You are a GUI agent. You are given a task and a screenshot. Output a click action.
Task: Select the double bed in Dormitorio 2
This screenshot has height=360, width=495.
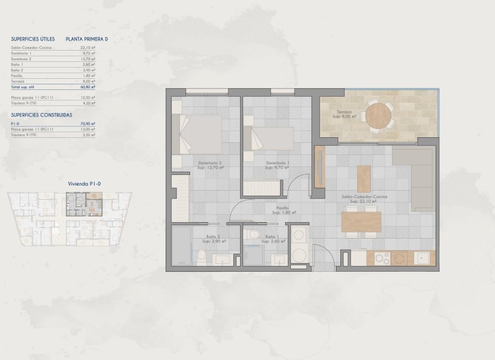pos(201,134)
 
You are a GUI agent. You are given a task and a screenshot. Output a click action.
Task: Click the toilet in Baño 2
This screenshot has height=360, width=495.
pos(201,256)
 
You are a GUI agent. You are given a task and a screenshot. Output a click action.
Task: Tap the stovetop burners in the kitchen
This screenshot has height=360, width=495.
pos(382,258)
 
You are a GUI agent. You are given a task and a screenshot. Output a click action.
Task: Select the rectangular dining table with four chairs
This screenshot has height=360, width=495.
pos(361,221)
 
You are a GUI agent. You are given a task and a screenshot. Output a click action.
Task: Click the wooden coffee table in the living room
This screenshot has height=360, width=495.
pos(364,178)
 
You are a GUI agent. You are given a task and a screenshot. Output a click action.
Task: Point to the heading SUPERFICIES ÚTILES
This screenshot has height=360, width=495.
pos(33,39)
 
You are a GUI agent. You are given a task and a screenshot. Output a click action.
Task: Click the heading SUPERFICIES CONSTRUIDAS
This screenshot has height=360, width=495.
pos(41,114)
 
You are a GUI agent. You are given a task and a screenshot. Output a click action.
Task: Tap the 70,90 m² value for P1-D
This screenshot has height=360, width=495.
pos(88,123)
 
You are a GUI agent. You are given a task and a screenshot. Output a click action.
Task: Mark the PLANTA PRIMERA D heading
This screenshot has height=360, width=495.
pos(87,39)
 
